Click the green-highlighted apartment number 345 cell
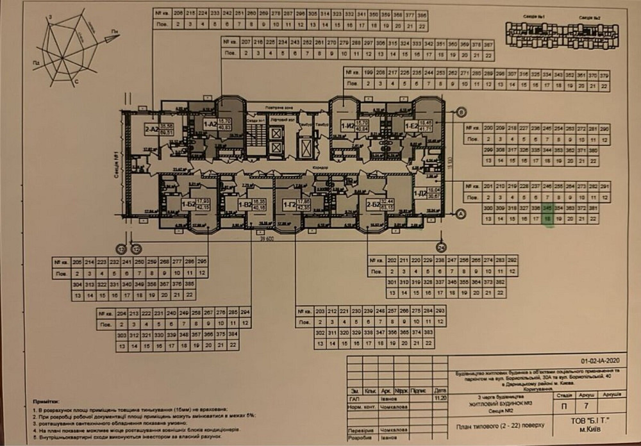pos(547,208)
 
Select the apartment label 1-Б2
pos(188,204)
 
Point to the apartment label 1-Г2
pos(288,205)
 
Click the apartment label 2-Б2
pos(372,204)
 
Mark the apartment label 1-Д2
pos(420,193)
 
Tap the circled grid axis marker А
pos(460,215)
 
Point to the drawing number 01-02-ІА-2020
pos(601,361)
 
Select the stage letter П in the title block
pos(562,405)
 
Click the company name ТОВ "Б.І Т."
pos(590,421)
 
